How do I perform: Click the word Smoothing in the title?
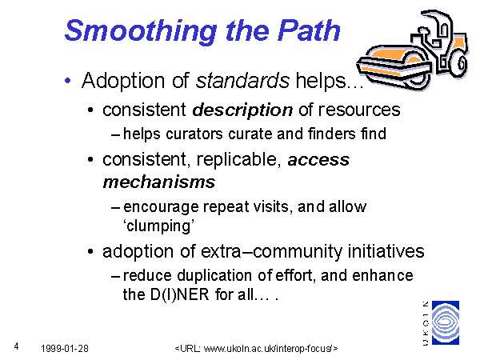point(141,31)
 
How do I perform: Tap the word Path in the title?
point(309,30)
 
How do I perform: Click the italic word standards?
point(242,81)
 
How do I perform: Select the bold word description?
point(242,110)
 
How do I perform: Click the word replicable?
point(238,160)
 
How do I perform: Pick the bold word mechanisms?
point(159,182)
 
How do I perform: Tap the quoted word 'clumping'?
point(159,226)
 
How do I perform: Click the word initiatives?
point(386,251)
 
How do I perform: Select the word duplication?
point(215,275)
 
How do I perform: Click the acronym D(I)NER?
point(180,294)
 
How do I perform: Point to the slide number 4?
point(16,346)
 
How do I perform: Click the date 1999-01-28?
point(65,348)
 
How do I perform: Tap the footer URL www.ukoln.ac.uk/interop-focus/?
point(268,348)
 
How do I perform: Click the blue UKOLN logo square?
point(446,322)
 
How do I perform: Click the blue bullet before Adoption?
point(68,81)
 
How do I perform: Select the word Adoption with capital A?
point(124,81)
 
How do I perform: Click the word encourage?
point(161,207)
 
